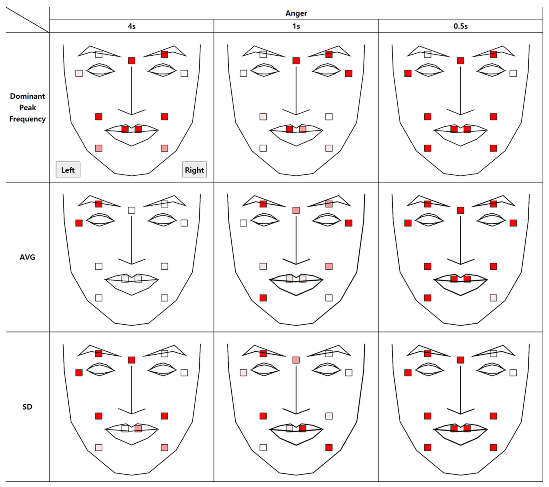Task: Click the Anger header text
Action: [x=296, y=13]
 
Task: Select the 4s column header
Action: [x=132, y=26]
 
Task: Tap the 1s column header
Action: [x=296, y=26]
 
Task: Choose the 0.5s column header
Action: [x=460, y=26]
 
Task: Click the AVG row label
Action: [x=27, y=257]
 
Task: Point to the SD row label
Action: [x=27, y=407]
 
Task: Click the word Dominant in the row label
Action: [x=27, y=96]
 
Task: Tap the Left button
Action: [x=68, y=170]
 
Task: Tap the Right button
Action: [x=194, y=170]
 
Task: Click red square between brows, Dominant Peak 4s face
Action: [x=132, y=61]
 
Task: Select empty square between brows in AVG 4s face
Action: [x=132, y=210]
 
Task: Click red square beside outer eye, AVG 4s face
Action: [x=79, y=223]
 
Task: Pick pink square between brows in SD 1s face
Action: [x=296, y=360]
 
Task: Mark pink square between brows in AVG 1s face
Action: [x=296, y=210]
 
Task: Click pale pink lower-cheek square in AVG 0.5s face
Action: [x=493, y=298]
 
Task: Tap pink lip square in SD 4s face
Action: [x=138, y=428]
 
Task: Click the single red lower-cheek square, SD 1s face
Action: [x=329, y=448]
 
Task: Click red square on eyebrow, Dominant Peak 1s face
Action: [x=329, y=54]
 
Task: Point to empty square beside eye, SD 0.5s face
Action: [x=513, y=373]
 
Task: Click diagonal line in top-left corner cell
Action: [x=27, y=20]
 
